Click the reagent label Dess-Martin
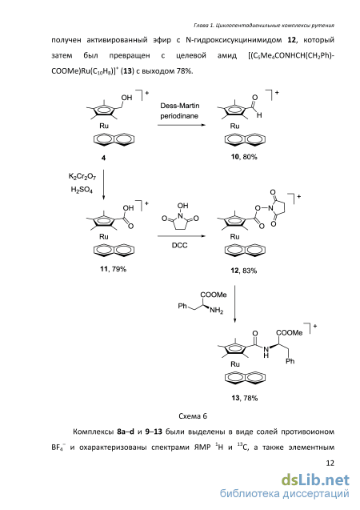180,106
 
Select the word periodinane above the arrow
179,116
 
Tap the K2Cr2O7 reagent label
82,177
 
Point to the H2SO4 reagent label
82,189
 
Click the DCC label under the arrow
180,245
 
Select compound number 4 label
103,158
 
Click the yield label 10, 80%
244,157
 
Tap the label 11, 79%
113,269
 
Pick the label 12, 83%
244,271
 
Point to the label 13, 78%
245,398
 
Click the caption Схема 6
193,416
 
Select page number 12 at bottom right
330,463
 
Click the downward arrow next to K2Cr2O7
104,184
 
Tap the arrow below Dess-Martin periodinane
182,125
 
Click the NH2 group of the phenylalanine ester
216,311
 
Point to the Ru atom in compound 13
235,364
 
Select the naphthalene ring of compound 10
245,139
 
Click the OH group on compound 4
126,98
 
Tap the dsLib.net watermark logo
315,480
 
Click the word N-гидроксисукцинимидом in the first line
234,40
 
